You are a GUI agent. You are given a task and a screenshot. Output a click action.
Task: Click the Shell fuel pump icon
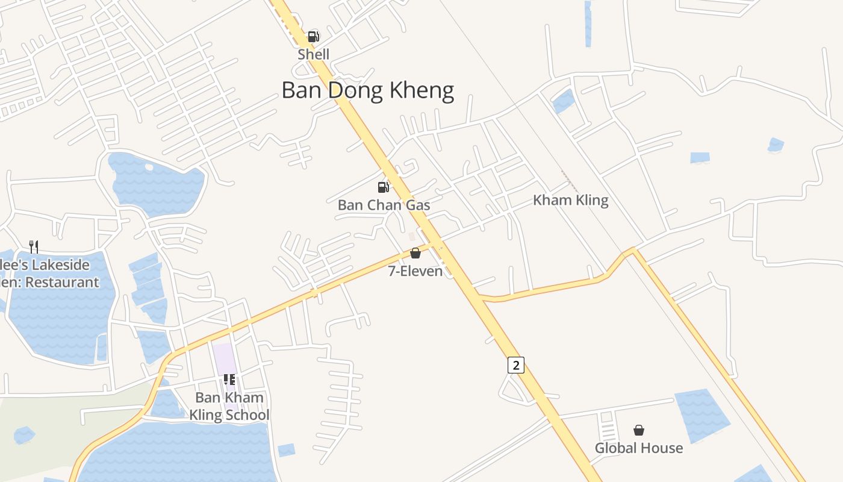(x=313, y=36)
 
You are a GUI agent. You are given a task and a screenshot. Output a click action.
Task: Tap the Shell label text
(x=313, y=54)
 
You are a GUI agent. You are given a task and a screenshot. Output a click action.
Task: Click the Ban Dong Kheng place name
(x=367, y=90)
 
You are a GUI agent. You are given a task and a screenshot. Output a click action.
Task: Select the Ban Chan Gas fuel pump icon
(x=383, y=187)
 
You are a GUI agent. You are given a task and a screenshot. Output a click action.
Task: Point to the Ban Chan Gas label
(x=384, y=205)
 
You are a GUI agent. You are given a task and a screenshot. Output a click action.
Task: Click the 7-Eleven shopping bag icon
(x=415, y=253)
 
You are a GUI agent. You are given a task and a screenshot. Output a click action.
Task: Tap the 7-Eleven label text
(x=415, y=271)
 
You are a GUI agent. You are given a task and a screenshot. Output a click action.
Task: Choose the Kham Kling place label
(x=570, y=200)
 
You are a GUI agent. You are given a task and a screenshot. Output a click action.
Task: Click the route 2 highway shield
(x=515, y=365)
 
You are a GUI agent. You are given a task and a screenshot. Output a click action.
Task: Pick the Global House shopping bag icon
(x=638, y=430)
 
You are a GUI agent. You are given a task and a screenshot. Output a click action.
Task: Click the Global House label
(x=638, y=448)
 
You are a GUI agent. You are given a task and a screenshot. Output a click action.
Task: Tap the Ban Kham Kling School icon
(x=229, y=380)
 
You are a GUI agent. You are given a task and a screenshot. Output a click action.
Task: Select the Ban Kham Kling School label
(x=229, y=406)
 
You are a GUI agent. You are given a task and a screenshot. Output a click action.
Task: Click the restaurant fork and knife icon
(x=34, y=246)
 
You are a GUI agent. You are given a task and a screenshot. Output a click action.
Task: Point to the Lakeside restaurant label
(x=51, y=274)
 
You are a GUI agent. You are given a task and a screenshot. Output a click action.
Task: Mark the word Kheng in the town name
(x=421, y=90)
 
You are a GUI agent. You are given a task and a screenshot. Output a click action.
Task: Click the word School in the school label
(x=247, y=415)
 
